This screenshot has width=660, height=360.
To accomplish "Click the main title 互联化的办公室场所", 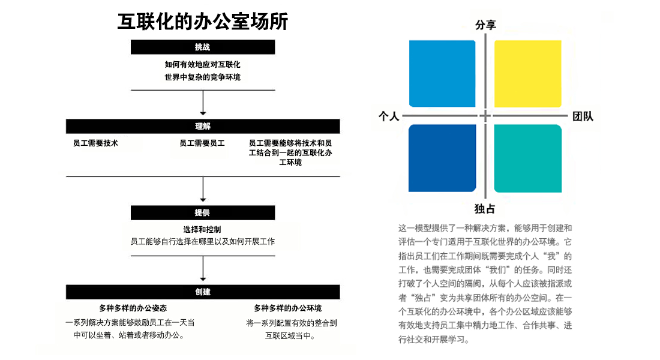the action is tap(202, 22).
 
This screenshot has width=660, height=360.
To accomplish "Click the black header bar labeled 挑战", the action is tap(202, 47).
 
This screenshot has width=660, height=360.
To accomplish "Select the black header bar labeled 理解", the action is tap(202, 127).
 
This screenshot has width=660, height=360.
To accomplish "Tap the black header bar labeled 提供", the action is tap(202, 212).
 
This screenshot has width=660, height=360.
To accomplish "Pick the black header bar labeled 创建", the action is tap(202, 292).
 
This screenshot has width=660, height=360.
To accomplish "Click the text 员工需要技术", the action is tap(95, 143).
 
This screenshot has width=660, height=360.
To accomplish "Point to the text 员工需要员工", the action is tap(202, 143).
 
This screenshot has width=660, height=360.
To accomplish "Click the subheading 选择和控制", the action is tap(202, 229).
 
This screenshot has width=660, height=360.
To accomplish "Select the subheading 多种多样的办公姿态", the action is tap(133, 308).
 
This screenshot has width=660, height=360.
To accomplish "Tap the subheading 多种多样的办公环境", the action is tap(288, 308).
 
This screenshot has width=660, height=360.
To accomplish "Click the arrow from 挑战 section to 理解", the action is tap(203, 103).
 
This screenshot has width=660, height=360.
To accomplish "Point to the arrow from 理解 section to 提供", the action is tap(203, 189).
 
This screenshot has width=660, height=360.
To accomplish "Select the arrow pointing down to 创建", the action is tap(203, 268).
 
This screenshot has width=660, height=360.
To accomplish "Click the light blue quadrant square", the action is tap(442, 74).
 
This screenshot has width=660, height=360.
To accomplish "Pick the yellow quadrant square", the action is tap(528, 74).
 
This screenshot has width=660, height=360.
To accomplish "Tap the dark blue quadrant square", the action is tap(442, 158).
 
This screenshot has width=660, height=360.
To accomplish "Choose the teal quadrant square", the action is tap(528, 158).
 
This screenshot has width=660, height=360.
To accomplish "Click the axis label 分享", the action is tap(485, 25).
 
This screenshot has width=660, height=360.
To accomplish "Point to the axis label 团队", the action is tap(583, 116).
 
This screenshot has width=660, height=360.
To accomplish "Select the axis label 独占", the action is tap(485, 209).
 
